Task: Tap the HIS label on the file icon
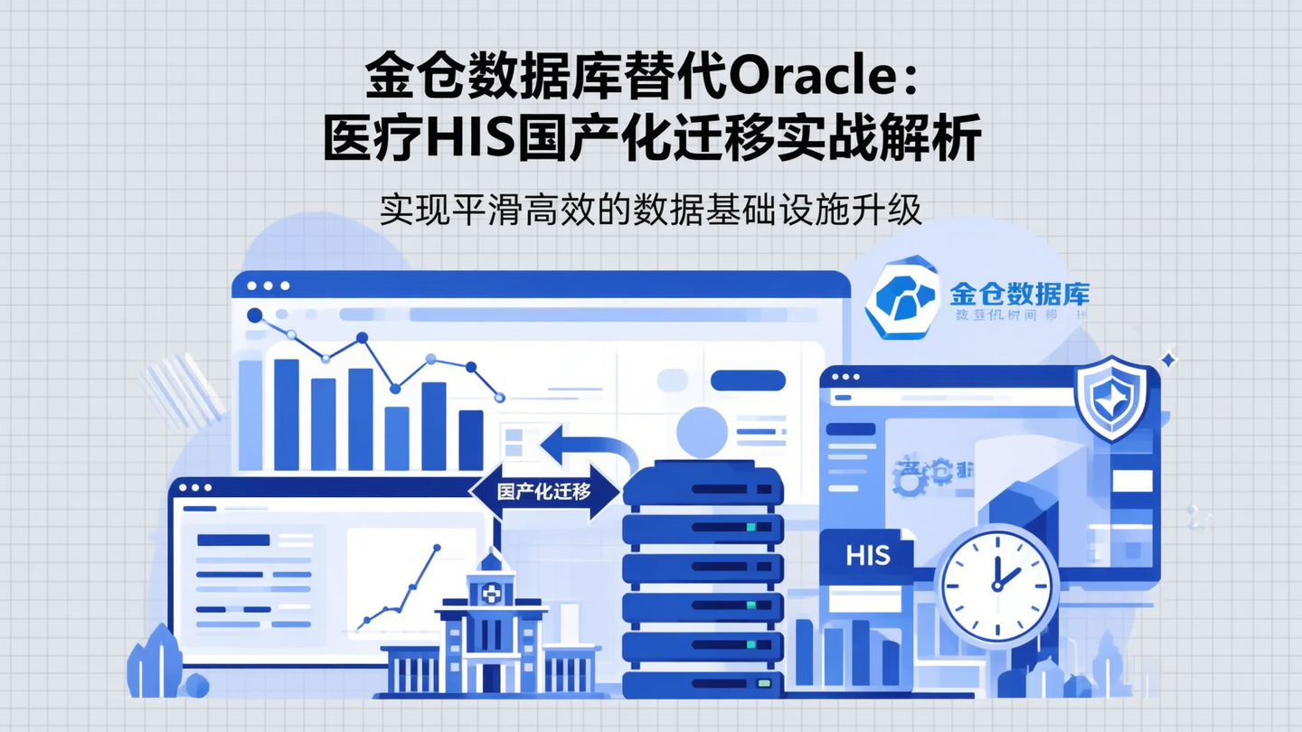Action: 868,555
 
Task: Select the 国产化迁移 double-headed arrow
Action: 544,493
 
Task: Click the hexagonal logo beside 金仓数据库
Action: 901,297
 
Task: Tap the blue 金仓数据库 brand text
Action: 1020,293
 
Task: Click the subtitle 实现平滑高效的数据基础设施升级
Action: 650,209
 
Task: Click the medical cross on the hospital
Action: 491,594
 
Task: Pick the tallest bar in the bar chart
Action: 286,414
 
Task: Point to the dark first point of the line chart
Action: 255,315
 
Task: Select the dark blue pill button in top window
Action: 748,380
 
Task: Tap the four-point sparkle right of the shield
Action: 1168,360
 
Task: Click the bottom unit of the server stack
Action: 703,681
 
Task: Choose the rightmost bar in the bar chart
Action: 470,439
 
